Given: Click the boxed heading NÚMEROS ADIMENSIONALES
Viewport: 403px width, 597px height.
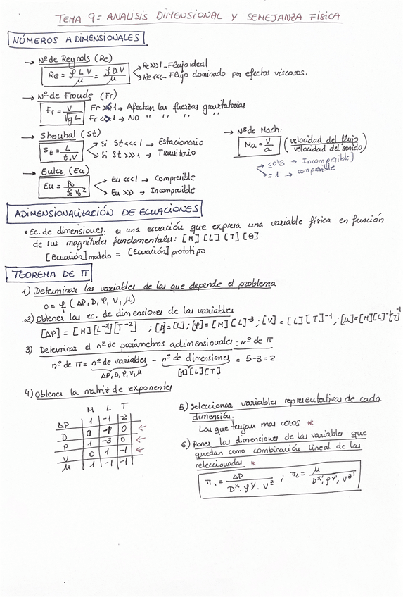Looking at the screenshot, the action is point(77,39).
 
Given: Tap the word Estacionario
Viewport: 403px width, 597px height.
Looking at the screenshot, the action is point(181,142).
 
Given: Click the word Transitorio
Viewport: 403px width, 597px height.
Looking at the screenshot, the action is point(177,153).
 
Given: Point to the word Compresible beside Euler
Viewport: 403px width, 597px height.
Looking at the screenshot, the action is point(174,178).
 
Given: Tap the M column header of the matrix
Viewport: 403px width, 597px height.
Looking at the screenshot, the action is point(89,409).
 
